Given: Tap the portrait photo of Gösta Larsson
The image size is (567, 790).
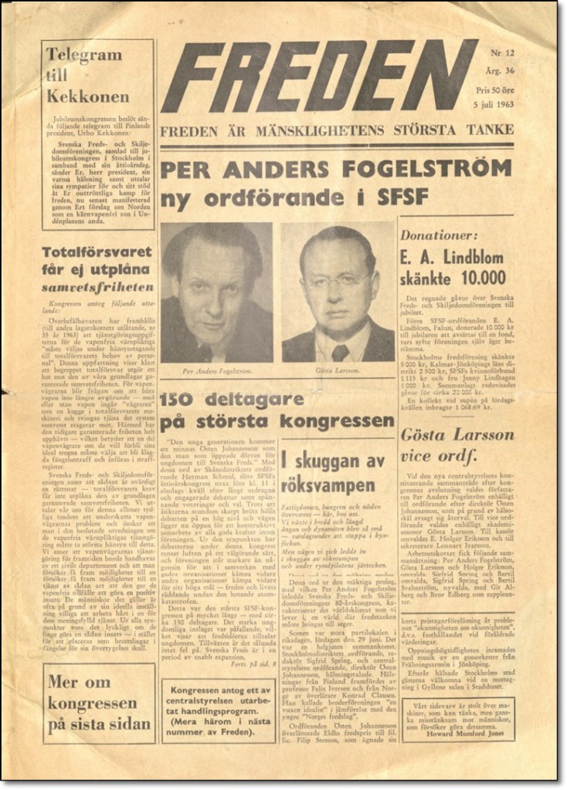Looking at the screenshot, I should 338,294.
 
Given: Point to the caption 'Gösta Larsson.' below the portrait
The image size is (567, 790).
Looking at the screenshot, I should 338,371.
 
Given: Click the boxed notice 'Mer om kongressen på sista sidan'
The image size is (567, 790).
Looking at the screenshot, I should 98,703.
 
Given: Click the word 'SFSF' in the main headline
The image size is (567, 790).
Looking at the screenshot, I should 399,197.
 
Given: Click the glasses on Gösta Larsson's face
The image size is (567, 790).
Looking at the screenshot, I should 337,279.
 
